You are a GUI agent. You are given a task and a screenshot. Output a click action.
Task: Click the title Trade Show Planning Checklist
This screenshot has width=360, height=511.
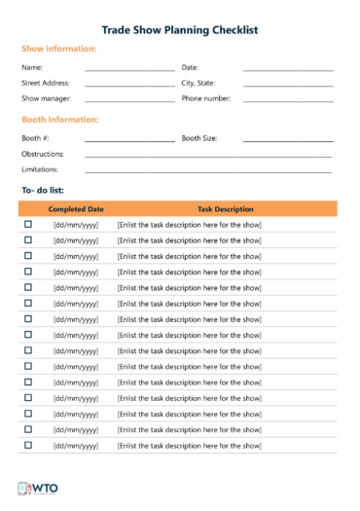pos(180,30)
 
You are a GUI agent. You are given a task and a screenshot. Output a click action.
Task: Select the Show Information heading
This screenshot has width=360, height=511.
pos(58,49)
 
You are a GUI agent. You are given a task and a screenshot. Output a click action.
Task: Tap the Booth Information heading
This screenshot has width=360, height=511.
pos(59,120)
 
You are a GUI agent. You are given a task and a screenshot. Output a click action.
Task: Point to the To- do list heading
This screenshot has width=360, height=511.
pos(42,190)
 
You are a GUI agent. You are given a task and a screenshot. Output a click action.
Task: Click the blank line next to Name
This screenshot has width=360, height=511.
pos(129,69)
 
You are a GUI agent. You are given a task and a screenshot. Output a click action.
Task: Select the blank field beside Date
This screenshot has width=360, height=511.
pos(288,69)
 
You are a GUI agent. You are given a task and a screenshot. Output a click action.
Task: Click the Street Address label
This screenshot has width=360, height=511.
pos(46,84)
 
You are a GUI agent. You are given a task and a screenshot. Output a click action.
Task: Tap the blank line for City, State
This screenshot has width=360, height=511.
pos(288,85)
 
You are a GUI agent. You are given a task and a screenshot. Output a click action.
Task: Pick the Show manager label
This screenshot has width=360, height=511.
pos(45,99)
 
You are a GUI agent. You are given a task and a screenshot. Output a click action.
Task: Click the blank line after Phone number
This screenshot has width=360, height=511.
pos(288,100)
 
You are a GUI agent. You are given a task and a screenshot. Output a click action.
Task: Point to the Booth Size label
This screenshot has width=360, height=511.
pos(199,139)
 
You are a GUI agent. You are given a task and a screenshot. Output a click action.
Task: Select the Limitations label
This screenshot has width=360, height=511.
pos(41,170)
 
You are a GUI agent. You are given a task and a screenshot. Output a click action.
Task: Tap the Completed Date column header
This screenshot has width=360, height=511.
pos(76,209)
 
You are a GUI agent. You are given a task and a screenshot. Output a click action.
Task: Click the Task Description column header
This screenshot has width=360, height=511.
pos(226,209)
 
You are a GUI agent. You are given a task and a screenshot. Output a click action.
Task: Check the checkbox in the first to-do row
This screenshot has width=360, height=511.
pos(28,225)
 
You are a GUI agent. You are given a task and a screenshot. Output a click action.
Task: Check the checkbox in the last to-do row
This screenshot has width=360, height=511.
pos(28,445)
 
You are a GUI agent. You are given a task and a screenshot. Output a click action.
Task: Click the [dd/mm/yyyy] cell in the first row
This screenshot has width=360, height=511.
pos(76,226)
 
